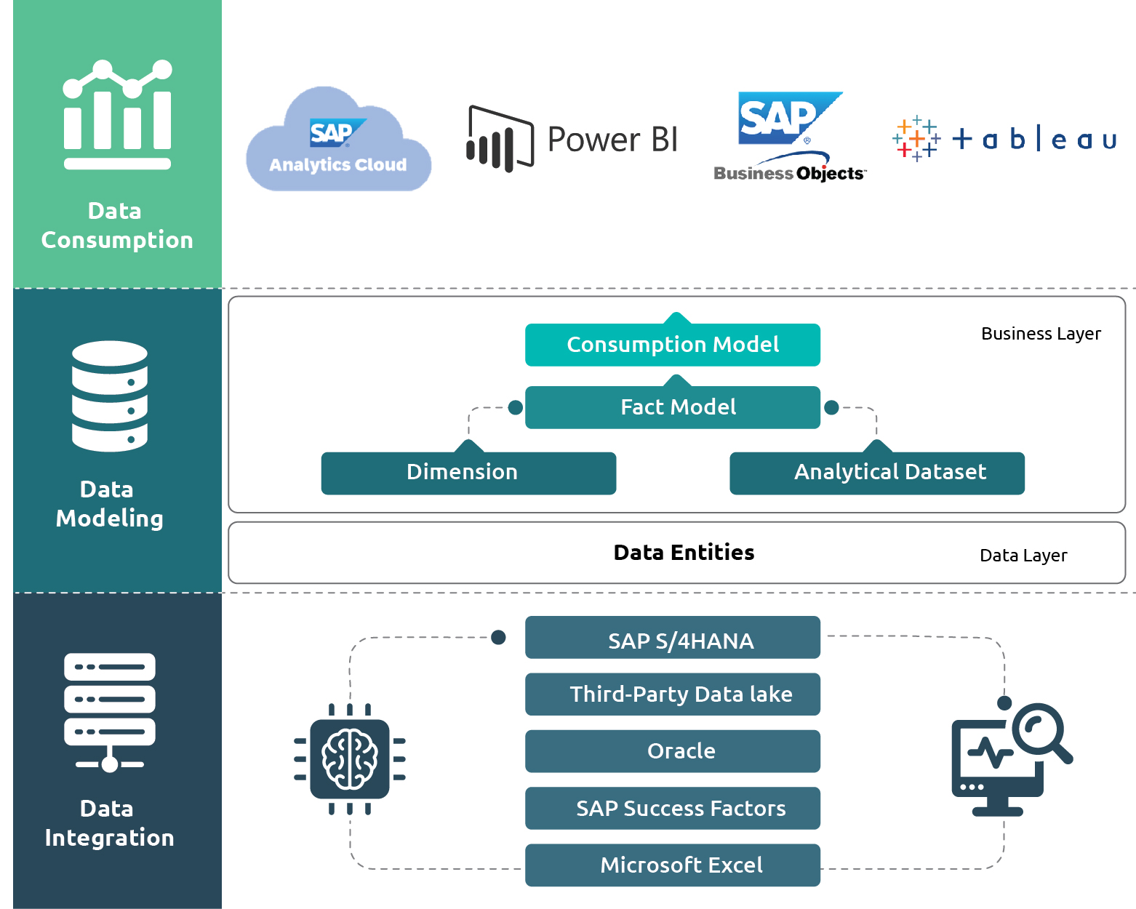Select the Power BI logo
[572, 139]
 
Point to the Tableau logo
[1004, 138]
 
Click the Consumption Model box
[673, 345]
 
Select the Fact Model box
[673, 407]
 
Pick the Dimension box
[468, 473]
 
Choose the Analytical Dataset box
[877, 473]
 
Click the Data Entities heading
[684, 553]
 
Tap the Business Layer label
[1041, 334]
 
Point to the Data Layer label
[1023, 556]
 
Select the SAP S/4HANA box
[673, 638]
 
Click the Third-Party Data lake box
[673, 694]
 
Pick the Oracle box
[673, 751]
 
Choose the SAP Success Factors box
[673, 808]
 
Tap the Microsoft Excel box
[673, 865]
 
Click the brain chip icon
[350, 758]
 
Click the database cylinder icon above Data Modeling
[110, 396]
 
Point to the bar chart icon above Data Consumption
[117, 114]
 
